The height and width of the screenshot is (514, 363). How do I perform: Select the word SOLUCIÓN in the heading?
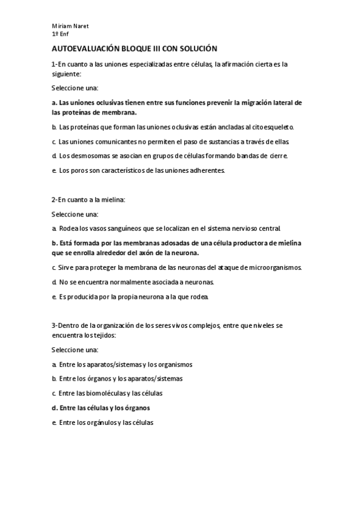(x=198, y=48)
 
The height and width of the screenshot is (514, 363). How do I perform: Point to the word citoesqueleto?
(x=271, y=127)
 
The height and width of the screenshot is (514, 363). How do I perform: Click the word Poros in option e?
(x=75, y=170)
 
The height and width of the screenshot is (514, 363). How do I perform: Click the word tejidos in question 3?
(x=103, y=335)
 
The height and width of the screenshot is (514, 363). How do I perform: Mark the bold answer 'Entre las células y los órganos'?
(x=101, y=407)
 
